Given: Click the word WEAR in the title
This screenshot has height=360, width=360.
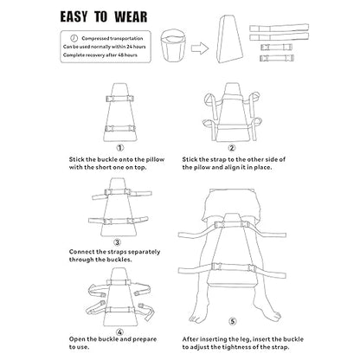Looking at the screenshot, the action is click(131, 16).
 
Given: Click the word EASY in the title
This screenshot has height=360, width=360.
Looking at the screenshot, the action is click(74, 16).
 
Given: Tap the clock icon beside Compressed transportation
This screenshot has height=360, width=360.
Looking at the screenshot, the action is click(74, 38).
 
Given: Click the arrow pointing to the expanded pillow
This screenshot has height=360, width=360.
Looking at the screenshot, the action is click(200, 48).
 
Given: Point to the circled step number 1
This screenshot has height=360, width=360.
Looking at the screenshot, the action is click(120, 148).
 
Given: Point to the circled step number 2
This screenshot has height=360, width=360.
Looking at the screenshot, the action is click(232, 148).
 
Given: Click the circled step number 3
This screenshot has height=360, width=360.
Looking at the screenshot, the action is click(117, 242).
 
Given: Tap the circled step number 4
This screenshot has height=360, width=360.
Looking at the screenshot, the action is click(120, 331).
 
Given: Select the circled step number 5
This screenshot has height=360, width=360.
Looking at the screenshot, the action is click(233, 321).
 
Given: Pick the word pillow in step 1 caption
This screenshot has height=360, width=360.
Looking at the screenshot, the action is click(155, 159).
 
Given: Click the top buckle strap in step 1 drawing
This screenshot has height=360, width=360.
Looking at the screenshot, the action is click(119, 99).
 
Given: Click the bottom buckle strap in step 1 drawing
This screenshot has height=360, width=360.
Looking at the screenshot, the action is click(120, 128).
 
